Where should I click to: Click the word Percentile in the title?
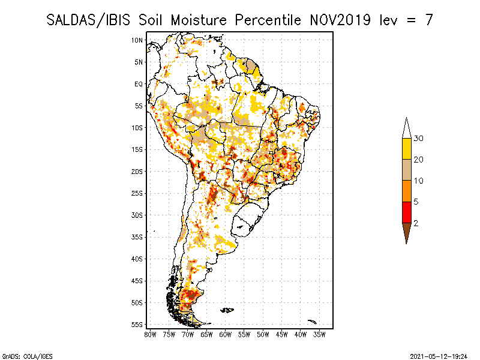[x=268, y=20]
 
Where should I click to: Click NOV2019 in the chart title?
[x=340, y=20]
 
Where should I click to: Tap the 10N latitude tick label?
[x=137, y=40]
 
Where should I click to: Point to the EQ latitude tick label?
[x=139, y=84]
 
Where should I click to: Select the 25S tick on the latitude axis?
[x=137, y=193]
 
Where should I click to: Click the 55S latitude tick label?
[x=137, y=325]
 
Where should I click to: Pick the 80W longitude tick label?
[x=150, y=335]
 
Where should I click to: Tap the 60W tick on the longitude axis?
[x=226, y=335]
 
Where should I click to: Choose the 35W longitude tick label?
[x=319, y=335]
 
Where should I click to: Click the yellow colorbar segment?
[x=407, y=149]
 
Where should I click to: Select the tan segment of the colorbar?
[x=407, y=170]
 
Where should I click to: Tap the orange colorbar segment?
[x=407, y=191]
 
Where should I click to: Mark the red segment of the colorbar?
[x=407, y=212]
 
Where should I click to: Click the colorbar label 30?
[x=418, y=139]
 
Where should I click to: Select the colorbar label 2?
[x=416, y=223]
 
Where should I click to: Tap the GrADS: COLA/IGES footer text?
[x=27, y=356]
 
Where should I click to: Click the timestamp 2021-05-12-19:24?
[x=439, y=356]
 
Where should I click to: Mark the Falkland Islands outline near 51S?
[x=227, y=310]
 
